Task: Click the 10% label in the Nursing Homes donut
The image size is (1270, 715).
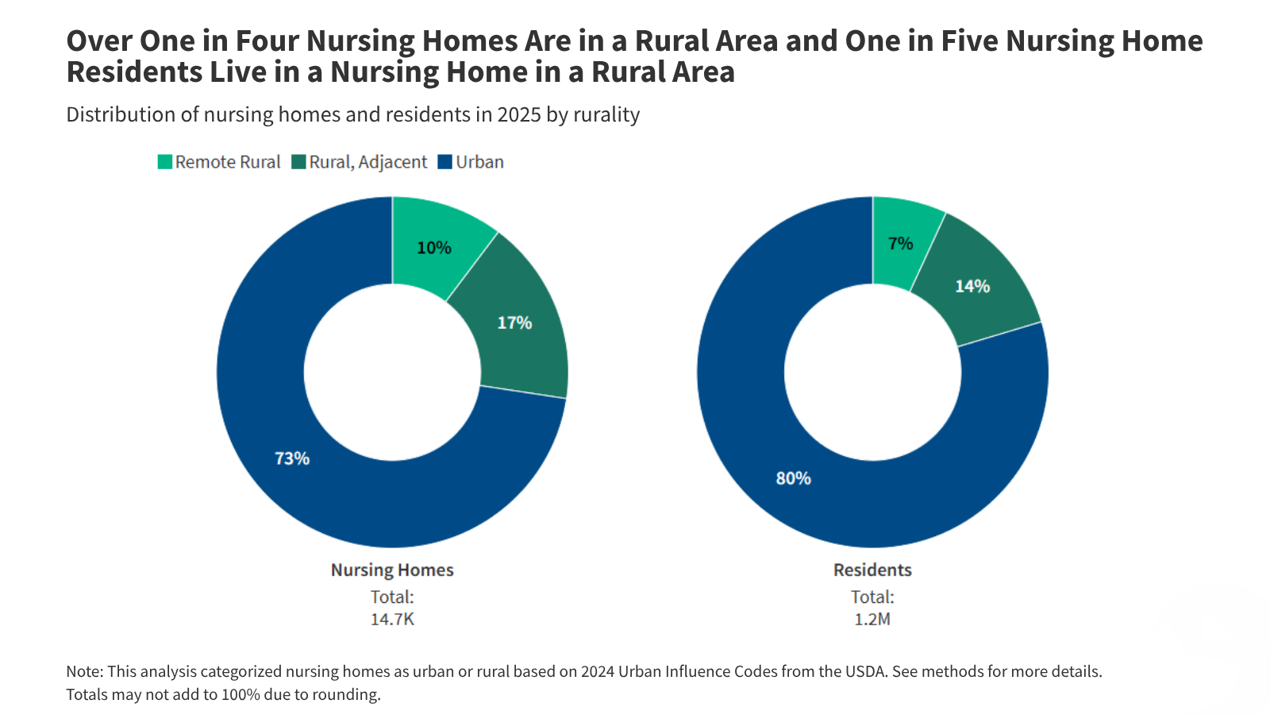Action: [434, 248]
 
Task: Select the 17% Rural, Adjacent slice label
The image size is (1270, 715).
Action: [514, 323]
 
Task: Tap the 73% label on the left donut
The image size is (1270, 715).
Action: [292, 458]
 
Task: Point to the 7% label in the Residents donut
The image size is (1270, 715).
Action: [900, 244]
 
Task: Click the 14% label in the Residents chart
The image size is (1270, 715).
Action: [972, 286]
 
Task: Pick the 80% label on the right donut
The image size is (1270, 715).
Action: [793, 478]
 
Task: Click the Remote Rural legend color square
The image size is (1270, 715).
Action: [165, 162]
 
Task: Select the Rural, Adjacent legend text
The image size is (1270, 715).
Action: [368, 162]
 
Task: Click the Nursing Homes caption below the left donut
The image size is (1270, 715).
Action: [392, 570]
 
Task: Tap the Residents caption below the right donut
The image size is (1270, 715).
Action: [872, 570]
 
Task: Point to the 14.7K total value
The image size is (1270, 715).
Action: [392, 619]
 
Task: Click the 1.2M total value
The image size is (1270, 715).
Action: [872, 619]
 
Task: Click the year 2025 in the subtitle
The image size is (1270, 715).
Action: [519, 114]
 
